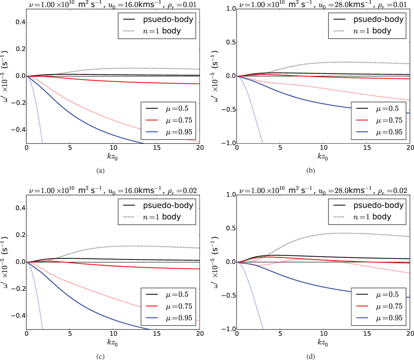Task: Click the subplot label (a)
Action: [101, 170]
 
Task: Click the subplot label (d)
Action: [310, 356]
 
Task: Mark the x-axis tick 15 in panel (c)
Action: [156, 334]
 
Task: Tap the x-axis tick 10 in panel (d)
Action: [323, 334]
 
